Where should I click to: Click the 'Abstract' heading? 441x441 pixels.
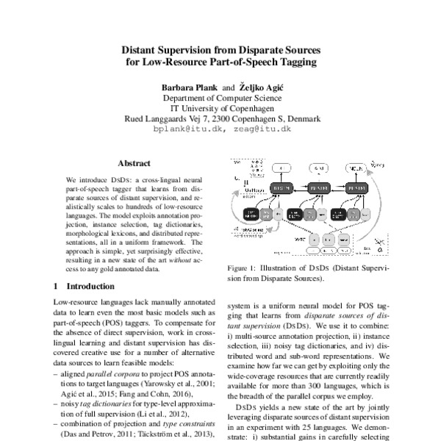pyautogui.click(x=134, y=164)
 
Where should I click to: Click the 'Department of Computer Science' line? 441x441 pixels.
pyautogui.click(x=220, y=97)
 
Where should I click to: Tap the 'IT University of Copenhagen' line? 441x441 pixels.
pyautogui.click(x=220, y=107)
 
